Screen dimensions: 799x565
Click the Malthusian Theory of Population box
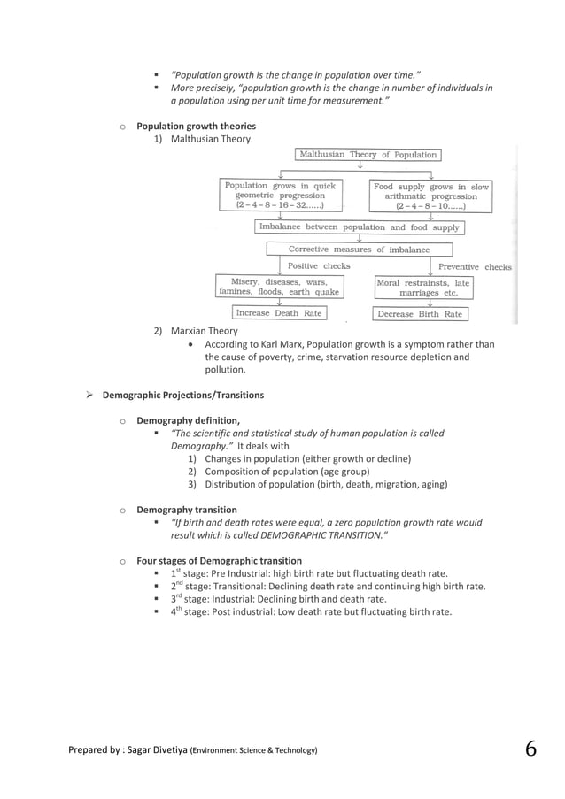click(368, 155)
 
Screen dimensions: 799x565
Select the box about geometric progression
click(280, 196)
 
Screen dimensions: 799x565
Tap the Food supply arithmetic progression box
click(430, 196)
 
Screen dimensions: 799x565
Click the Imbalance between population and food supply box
click(359, 227)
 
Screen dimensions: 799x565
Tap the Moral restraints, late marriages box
click(422, 288)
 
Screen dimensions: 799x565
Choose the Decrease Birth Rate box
click(420, 314)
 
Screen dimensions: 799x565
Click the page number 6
click(530, 749)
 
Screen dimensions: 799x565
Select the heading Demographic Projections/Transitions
click(182, 395)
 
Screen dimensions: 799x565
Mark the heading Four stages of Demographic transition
click(219, 561)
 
